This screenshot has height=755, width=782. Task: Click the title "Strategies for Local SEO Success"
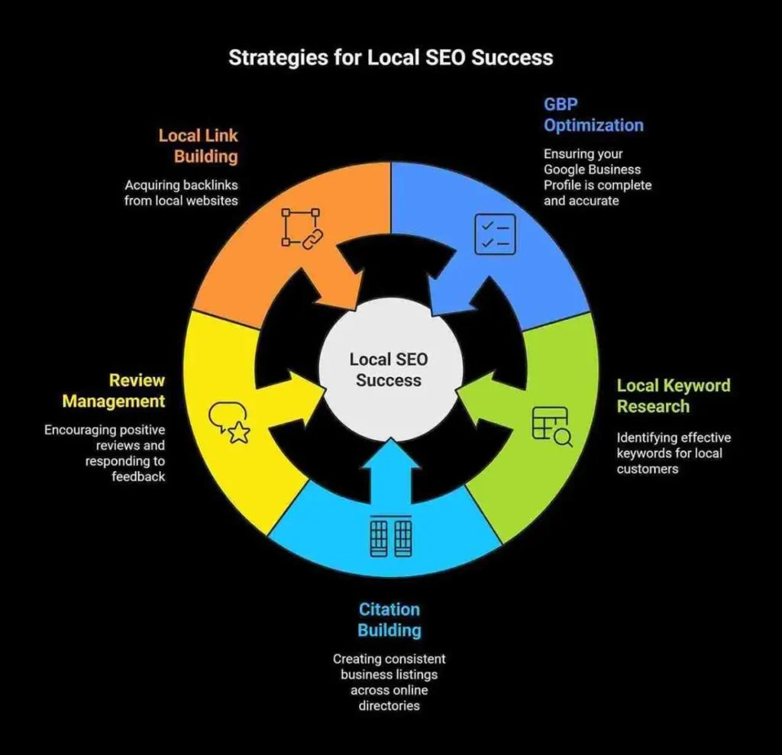[390, 58]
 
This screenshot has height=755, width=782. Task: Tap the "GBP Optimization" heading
[593, 115]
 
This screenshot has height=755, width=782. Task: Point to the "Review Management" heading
[114, 390]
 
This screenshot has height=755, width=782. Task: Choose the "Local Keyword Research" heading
[673, 395]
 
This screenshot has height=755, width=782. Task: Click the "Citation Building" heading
[389, 619]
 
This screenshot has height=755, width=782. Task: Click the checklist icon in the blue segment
[495, 234]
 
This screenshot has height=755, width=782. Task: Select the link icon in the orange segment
[298, 227]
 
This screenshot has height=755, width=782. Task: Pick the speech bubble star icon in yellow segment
[229, 423]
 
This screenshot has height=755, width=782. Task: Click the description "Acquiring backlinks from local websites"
[182, 193]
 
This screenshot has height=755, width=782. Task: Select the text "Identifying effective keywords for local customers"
[674, 453]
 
